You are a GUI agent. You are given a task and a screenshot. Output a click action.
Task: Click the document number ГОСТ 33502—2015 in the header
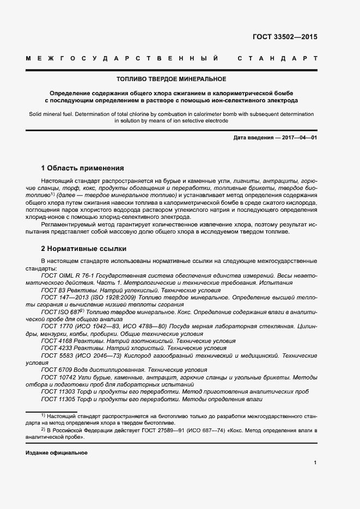(x=285, y=38)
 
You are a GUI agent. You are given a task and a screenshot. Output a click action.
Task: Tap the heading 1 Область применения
(x=83, y=168)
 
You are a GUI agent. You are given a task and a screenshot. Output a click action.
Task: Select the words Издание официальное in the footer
(x=57, y=453)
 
